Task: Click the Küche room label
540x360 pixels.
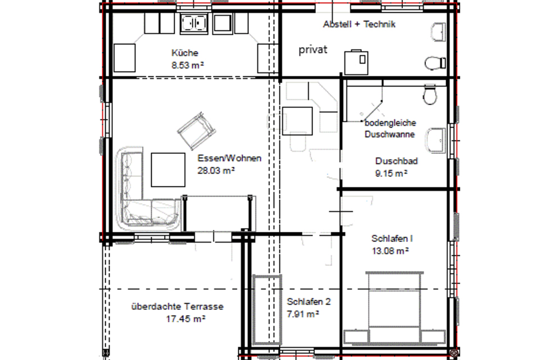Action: (185, 53)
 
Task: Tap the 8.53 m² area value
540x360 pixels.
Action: (188, 65)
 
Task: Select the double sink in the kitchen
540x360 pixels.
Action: (194, 24)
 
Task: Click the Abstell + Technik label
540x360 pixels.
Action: (359, 24)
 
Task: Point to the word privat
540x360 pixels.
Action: (312, 50)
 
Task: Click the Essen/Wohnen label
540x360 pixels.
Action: (229, 158)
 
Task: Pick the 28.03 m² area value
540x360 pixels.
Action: (216, 170)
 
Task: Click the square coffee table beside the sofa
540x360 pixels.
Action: (168, 170)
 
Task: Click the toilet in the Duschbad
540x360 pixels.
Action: (429, 95)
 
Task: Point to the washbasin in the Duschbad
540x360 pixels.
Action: (437, 140)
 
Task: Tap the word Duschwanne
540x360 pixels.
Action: (389, 134)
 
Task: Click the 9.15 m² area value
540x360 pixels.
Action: (391, 174)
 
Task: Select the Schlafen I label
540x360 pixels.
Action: (392, 239)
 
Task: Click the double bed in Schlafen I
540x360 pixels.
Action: (394, 307)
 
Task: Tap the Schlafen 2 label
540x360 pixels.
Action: (308, 302)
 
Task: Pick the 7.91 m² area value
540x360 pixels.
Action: (303, 314)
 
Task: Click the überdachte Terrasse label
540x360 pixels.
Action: (178, 307)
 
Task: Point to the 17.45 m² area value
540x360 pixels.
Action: (186, 319)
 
